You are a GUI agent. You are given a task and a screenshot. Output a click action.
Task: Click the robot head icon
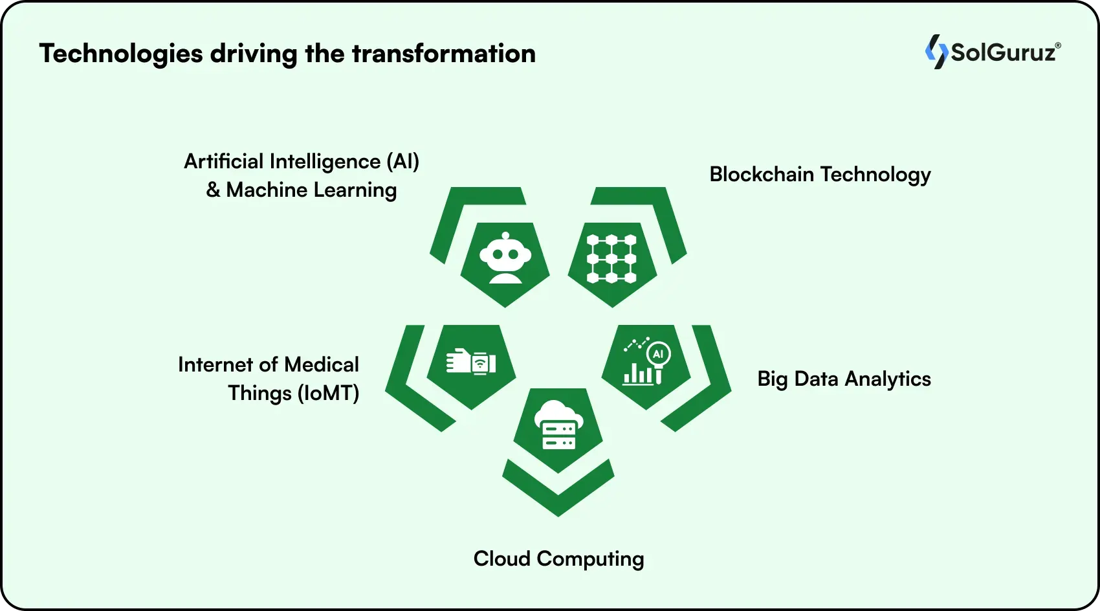click(505, 258)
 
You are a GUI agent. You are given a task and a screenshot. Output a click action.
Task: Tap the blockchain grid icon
click(611, 259)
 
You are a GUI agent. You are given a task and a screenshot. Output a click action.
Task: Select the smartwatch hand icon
click(471, 362)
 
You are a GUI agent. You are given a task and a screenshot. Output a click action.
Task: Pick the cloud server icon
click(558, 425)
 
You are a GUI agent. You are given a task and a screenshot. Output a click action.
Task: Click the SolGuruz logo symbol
click(936, 52)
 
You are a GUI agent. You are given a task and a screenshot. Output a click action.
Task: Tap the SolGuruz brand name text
click(1004, 52)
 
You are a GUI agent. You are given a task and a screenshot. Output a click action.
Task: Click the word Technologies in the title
click(121, 54)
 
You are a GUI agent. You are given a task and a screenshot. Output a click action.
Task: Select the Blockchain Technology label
click(820, 175)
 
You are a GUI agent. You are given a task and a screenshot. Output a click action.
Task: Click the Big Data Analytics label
click(844, 379)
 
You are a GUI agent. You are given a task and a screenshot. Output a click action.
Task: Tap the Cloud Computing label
click(558, 559)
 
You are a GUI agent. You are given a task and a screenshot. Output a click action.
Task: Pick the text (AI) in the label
click(402, 161)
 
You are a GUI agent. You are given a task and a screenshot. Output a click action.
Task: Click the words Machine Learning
click(311, 190)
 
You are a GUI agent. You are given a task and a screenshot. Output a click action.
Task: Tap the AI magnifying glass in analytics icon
click(658, 355)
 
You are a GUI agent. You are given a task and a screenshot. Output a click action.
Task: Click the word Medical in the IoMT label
click(321, 364)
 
